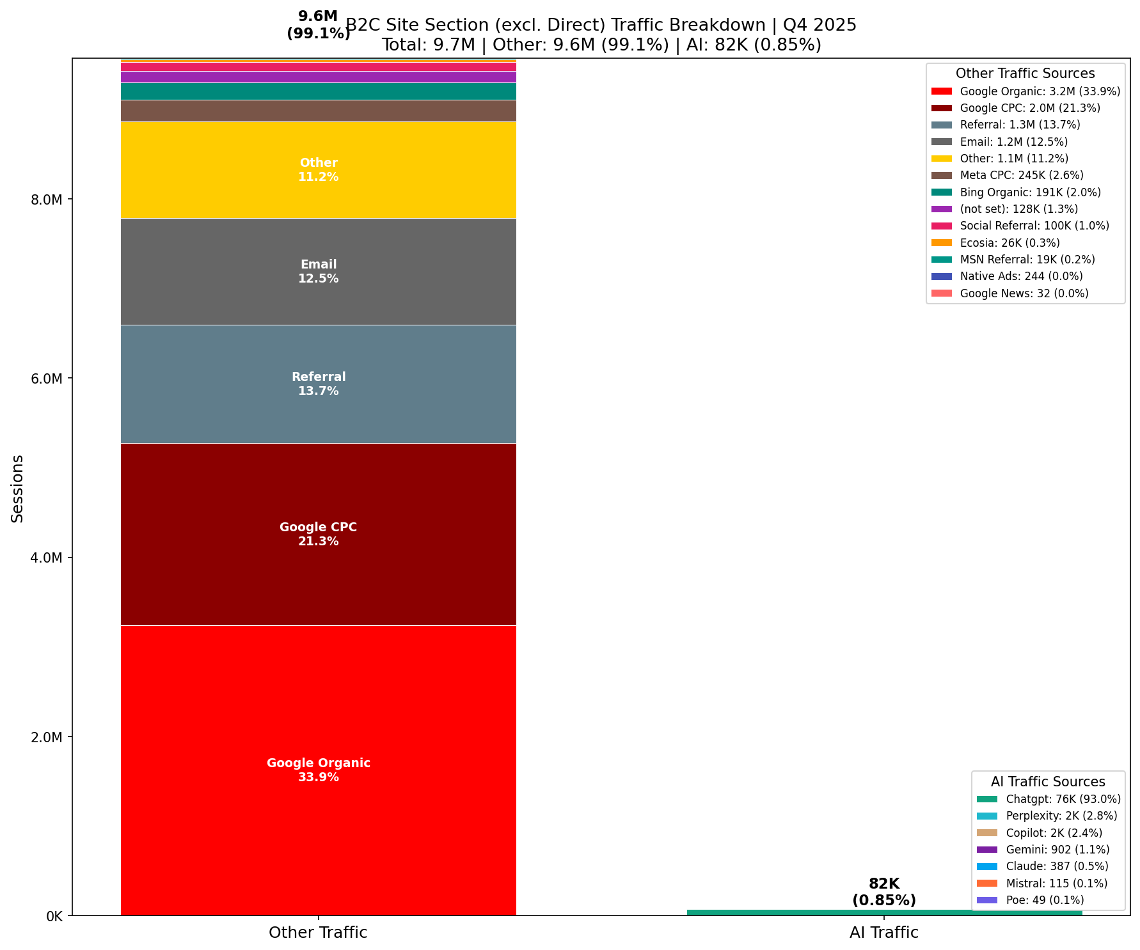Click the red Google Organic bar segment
tap(318, 703)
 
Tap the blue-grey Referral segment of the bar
tap(318, 416)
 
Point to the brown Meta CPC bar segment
tap(318, 111)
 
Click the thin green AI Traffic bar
tap(884, 912)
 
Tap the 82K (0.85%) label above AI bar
tap(884, 892)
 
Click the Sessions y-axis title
tap(18, 488)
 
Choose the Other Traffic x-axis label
tap(318, 933)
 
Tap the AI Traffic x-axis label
tap(884, 933)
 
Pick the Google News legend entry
tap(1024, 293)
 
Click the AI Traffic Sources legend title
tap(1048, 782)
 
